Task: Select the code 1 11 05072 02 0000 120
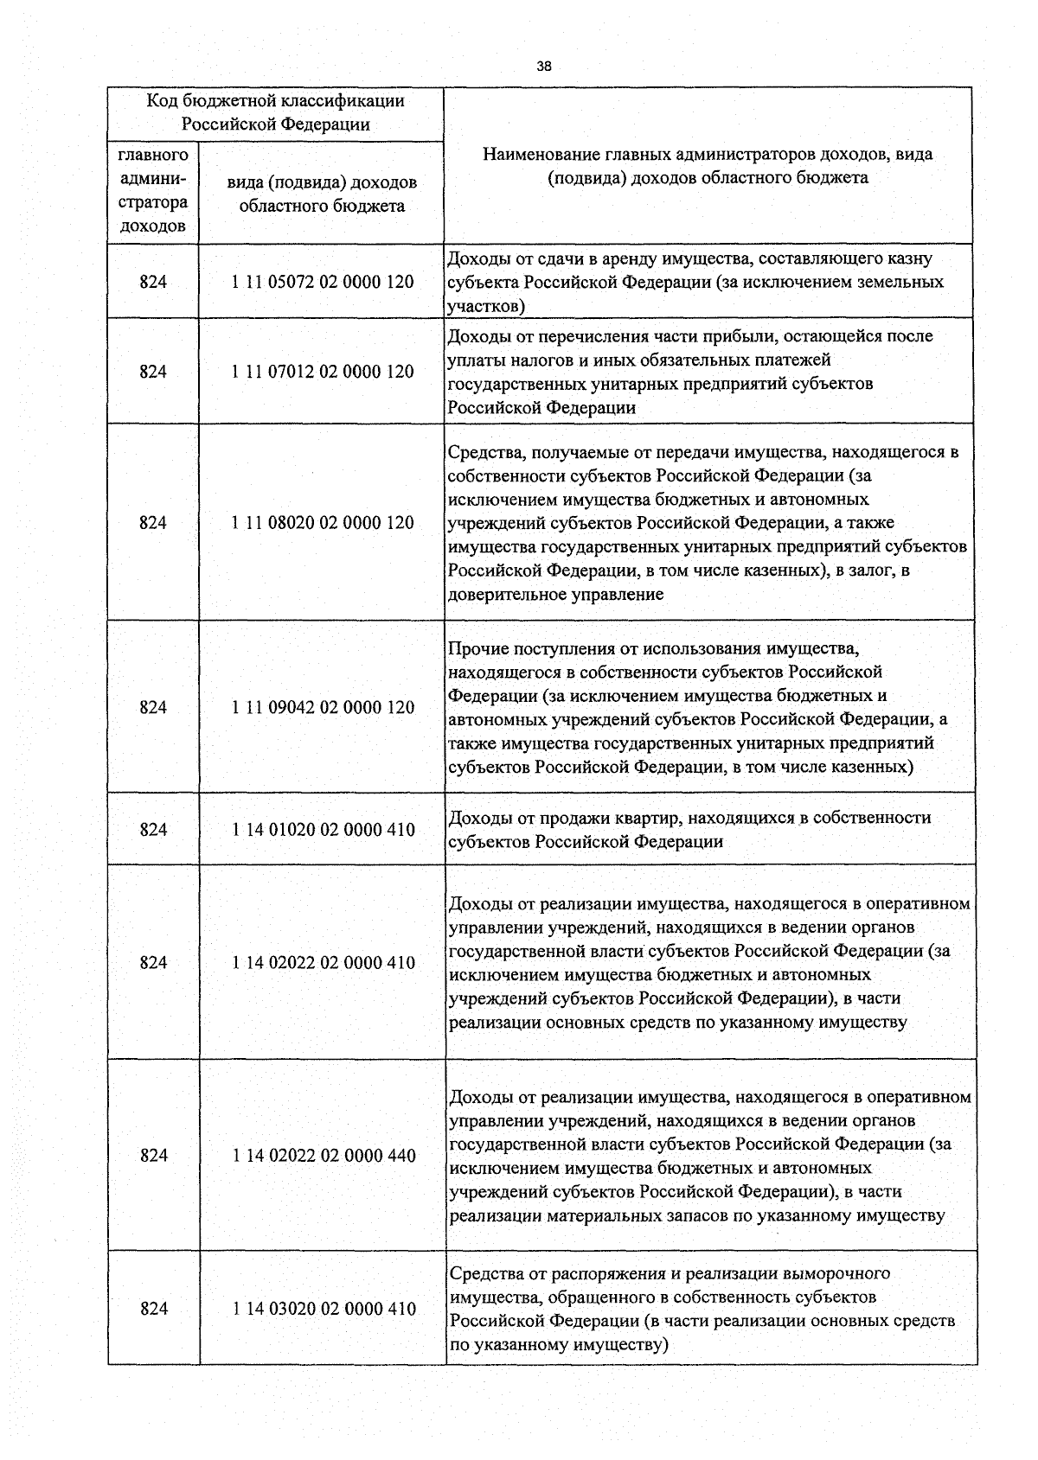click(323, 282)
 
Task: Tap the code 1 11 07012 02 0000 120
click(323, 372)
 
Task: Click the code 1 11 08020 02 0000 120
click(323, 522)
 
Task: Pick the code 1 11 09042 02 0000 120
click(323, 707)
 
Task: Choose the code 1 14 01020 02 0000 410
click(323, 830)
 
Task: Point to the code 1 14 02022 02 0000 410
click(323, 962)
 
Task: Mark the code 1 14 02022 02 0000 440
click(323, 1156)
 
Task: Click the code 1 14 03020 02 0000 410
click(323, 1309)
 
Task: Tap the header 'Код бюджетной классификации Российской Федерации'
click(275, 112)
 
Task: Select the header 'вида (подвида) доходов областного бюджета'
click(322, 194)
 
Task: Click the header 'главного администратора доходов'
click(153, 191)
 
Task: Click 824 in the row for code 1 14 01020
click(153, 830)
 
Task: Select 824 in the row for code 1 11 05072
click(153, 282)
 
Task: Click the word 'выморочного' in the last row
click(836, 1273)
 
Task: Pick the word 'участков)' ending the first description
click(486, 306)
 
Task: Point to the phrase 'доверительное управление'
click(555, 595)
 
